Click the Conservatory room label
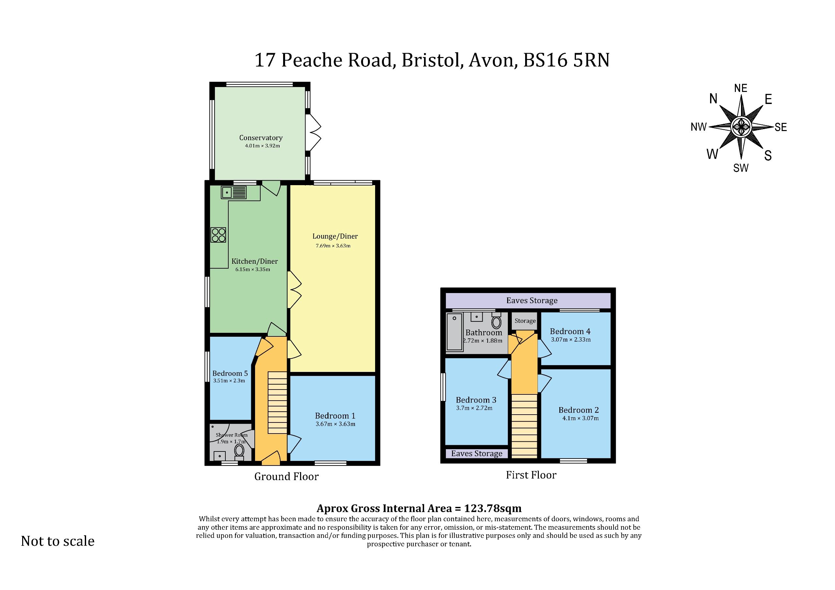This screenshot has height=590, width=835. point(261,138)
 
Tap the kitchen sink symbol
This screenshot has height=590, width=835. point(234,192)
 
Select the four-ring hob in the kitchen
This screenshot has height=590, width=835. point(218,235)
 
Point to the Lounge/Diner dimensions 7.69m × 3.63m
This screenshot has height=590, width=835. point(333,246)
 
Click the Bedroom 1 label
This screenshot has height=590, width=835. point(335,416)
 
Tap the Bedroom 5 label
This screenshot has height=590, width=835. point(230,373)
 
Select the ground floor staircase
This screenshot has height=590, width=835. point(278,403)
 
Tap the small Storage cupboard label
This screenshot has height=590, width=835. point(525,321)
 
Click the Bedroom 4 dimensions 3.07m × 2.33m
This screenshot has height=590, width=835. point(570,340)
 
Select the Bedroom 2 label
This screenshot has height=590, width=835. point(579,410)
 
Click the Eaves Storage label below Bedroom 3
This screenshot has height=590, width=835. point(477,454)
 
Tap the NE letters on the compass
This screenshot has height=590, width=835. point(741,88)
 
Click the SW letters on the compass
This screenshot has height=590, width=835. point(741,168)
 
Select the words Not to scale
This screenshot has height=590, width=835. point(58,541)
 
